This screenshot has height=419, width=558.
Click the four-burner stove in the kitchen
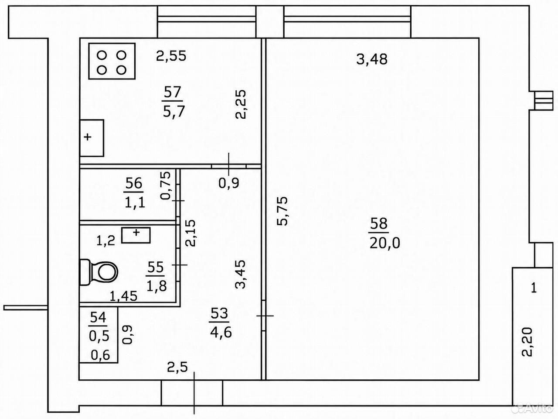(112, 61)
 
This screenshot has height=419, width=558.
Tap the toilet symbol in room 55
(99, 272)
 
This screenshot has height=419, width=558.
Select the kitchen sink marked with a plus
(92, 138)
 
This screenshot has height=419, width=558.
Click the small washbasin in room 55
(136, 235)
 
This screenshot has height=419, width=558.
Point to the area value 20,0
(384, 243)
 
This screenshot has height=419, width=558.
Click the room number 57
(172, 92)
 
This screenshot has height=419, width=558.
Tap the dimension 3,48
(372, 59)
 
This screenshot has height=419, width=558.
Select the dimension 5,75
(282, 211)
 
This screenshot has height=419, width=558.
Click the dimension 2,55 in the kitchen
(171, 56)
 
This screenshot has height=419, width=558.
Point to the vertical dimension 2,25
(241, 104)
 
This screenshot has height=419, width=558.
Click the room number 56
(134, 183)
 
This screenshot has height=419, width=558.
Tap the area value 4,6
(221, 333)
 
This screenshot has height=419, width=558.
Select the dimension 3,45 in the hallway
(241, 274)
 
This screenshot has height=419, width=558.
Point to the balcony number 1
(534, 288)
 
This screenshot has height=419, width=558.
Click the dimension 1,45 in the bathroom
(123, 296)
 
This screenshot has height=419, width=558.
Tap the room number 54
(98, 317)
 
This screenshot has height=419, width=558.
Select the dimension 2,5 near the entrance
(177, 367)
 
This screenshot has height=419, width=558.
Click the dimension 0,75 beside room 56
(166, 185)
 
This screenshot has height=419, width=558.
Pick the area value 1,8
(157, 286)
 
